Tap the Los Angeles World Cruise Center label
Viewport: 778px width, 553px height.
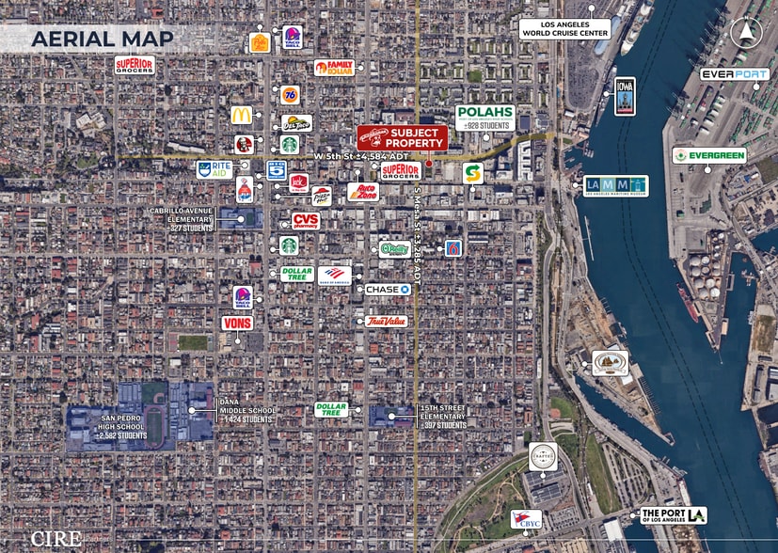coord(565,29)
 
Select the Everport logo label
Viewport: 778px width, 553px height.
coord(735,74)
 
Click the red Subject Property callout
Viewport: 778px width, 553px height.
coord(402,137)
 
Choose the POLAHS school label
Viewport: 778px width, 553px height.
coord(485,118)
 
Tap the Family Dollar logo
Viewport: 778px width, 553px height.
coord(334,68)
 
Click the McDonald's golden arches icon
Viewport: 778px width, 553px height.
coord(242,115)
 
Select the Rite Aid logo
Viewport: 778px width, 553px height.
coord(214,170)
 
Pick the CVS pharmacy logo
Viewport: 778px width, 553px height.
coord(305,221)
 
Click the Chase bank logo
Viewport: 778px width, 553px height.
coord(388,290)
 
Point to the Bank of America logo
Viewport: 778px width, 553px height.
coord(334,275)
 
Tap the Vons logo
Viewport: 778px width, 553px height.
coord(237,323)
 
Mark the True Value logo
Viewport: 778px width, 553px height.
coord(385,322)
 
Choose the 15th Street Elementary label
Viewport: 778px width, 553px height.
coord(441,417)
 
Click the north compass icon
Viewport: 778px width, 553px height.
coord(744,34)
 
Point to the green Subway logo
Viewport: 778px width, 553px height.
coord(472,173)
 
